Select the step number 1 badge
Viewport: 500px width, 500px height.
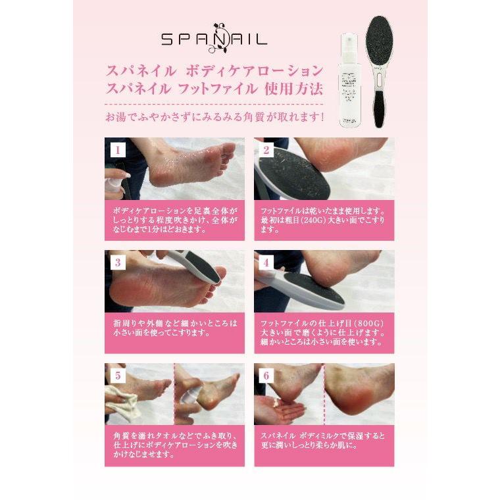coord(117,150)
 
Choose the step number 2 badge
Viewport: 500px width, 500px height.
coord(266,150)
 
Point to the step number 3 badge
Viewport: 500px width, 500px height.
coord(117,262)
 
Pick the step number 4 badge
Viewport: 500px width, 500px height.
coord(266,262)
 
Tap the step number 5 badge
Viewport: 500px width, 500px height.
coord(117,376)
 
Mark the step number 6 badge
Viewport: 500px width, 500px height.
coord(266,376)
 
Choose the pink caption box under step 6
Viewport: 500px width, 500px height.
coord(324,447)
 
